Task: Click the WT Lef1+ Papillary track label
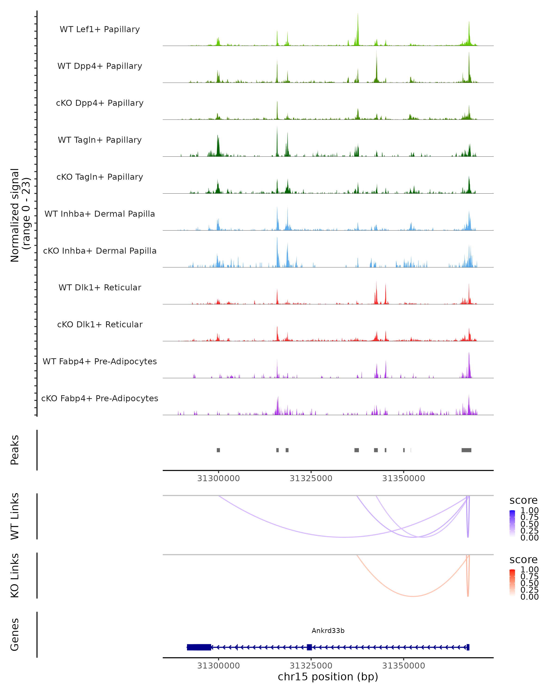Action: [100, 29]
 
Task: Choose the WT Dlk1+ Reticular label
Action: [100, 287]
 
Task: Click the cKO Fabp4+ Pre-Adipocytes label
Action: [100, 398]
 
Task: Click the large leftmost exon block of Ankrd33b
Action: [199, 647]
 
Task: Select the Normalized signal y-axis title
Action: [20, 215]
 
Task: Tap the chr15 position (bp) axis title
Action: [328, 677]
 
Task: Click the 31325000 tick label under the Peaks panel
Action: [311, 478]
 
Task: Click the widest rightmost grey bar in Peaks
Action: [466, 450]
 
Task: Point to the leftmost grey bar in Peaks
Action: [219, 450]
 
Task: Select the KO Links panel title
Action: [15, 575]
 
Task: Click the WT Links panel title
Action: [15, 516]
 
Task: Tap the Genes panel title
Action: [15, 635]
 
